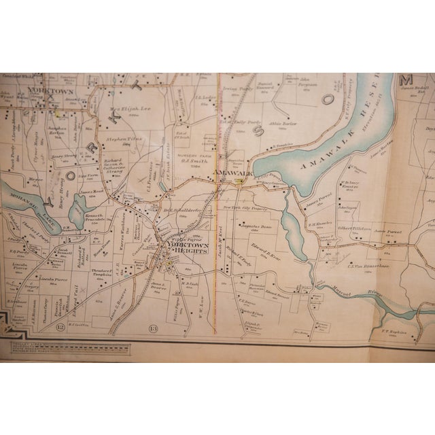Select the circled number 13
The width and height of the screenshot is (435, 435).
click(x=152, y=330)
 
